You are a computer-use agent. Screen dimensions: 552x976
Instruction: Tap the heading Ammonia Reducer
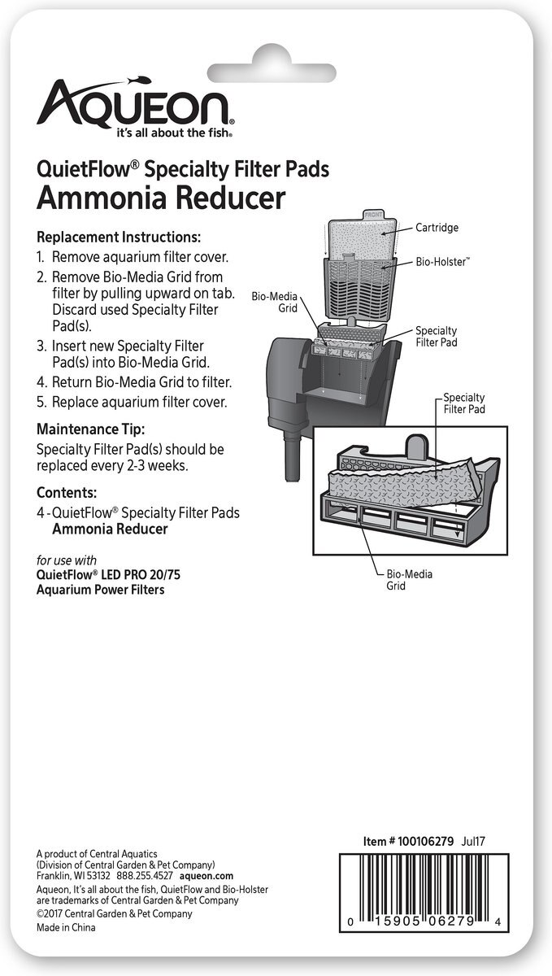click(x=161, y=198)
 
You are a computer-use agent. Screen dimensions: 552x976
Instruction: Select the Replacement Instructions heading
click(x=119, y=237)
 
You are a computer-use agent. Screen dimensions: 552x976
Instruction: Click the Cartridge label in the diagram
click(x=437, y=228)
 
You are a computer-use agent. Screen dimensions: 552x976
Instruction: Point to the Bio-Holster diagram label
click(x=442, y=261)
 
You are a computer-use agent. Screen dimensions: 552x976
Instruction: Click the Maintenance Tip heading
click(x=90, y=429)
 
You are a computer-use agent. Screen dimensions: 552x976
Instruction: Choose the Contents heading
click(x=67, y=492)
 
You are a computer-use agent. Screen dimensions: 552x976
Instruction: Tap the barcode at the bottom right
click(x=424, y=893)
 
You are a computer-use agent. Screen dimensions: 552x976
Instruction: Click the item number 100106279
click(x=425, y=841)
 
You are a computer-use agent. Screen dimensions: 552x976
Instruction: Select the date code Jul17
click(x=473, y=841)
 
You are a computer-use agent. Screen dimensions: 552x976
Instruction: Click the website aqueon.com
click(x=206, y=875)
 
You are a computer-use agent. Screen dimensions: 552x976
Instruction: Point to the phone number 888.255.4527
click(x=145, y=875)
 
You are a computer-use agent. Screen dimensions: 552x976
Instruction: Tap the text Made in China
click(x=66, y=927)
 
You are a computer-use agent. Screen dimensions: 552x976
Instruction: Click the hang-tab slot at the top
click(x=273, y=72)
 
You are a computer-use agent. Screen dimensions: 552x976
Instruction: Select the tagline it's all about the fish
click(x=174, y=133)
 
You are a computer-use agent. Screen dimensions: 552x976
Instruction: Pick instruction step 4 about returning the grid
click(x=134, y=382)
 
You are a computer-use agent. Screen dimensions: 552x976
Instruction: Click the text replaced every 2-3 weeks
click(x=112, y=465)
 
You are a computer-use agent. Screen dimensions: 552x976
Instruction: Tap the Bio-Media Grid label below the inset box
click(x=409, y=580)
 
